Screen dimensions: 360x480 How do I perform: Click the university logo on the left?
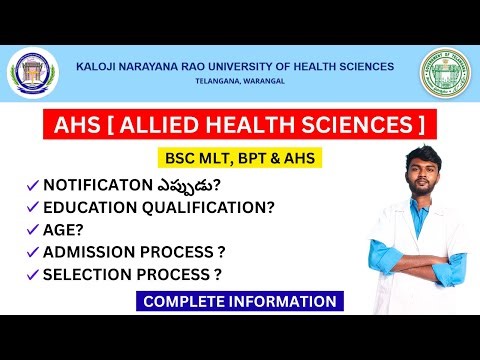click(x=34, y=74)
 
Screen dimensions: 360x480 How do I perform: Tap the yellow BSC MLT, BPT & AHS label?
click(x=237, y=158)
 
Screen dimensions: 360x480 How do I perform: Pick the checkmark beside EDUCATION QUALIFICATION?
click(x=33, y=208)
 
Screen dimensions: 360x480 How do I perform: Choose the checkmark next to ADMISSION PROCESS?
click(x=33, y=252)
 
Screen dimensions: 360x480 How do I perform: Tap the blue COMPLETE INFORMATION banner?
click(x=240, y=301)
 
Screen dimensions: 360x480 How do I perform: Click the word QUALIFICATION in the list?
click(x=203, y=208)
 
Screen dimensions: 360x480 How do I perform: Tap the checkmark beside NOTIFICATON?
click(x=33, y=186)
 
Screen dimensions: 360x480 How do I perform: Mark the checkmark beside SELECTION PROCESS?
click(x=33, y=274)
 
